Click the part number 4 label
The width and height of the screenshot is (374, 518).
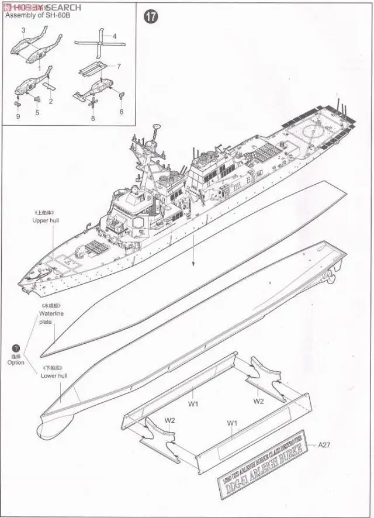click(115, 36)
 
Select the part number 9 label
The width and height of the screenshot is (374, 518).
click(18, 116)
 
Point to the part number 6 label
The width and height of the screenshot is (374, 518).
click(122, 112)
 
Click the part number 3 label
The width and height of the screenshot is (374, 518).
click(23, 29)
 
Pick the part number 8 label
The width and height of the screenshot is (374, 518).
click(93, 119)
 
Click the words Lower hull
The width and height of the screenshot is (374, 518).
click(54, 375)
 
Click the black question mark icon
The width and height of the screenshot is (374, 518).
click(16, 348)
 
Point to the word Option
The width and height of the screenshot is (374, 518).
click(16, 363)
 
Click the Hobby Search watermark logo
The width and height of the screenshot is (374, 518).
click(41, 6)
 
